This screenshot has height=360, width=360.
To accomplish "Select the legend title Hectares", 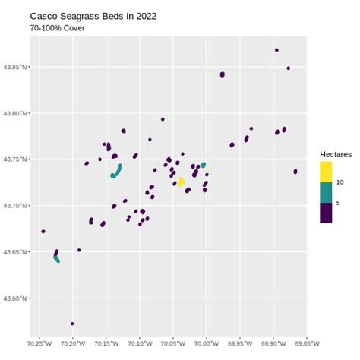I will tap(336, 154).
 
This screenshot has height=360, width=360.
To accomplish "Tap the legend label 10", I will tap(340, 182).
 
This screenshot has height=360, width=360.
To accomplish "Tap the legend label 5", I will tap(339, 203).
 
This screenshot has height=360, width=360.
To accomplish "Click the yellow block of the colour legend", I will tap(326, 172).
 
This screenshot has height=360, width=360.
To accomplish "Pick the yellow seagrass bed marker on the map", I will tap(181, 182).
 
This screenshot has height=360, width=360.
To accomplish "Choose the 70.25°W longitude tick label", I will tap(39, 343).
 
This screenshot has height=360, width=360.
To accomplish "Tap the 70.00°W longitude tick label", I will tap(207, 343).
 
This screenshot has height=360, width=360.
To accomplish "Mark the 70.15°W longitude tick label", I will tap(106, 343).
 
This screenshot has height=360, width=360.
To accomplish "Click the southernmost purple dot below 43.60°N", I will tap(72, 324).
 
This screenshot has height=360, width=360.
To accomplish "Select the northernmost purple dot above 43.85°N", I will tap(276, 50).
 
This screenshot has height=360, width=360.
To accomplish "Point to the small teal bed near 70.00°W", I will tap(204, 165).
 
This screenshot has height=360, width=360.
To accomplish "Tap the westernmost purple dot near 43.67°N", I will tap(43, 232).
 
